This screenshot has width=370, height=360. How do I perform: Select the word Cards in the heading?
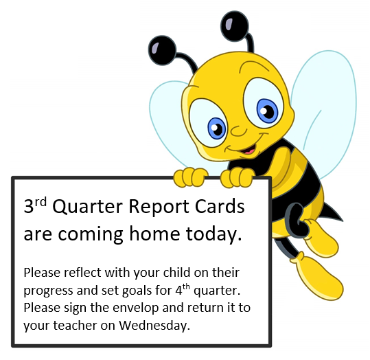[x=218, y=207]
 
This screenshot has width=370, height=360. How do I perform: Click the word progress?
[x=46, y=290]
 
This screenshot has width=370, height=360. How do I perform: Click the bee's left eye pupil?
[x=217, y=128]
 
